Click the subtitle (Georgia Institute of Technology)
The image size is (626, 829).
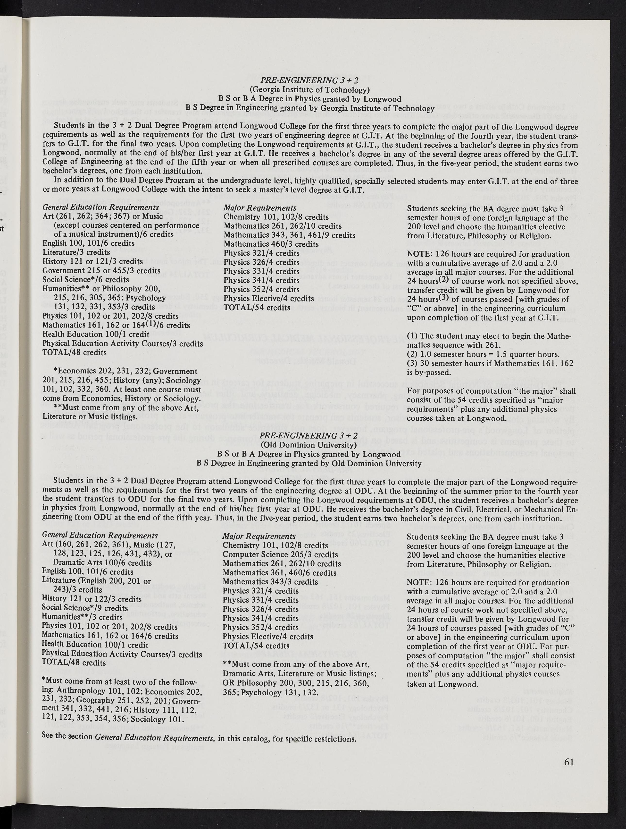tap(310, 90)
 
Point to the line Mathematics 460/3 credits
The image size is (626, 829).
tap(271, 244)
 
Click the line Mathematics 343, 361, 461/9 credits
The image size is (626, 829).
tap(289, 235)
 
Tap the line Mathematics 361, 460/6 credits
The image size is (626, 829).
tap(279, 573)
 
